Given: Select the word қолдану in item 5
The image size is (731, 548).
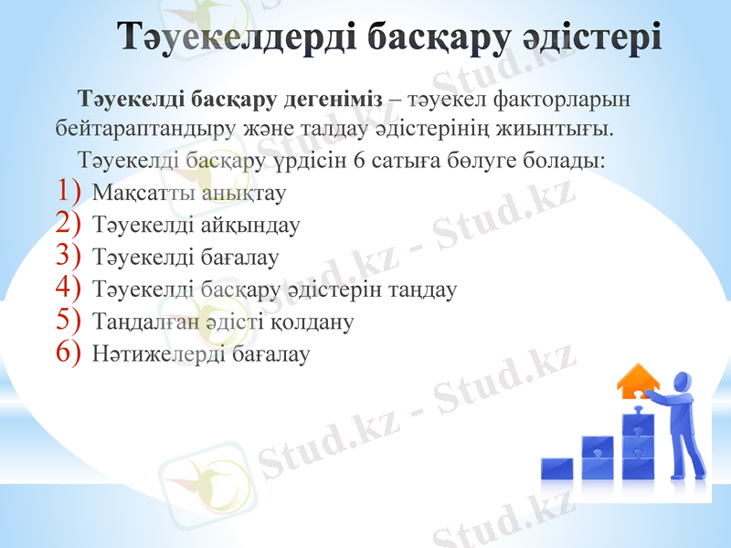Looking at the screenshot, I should [x=318, y=322].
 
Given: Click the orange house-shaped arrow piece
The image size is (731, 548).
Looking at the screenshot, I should [x=639, y=381].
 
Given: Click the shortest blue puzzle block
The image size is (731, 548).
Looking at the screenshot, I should [x=557, y=469].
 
